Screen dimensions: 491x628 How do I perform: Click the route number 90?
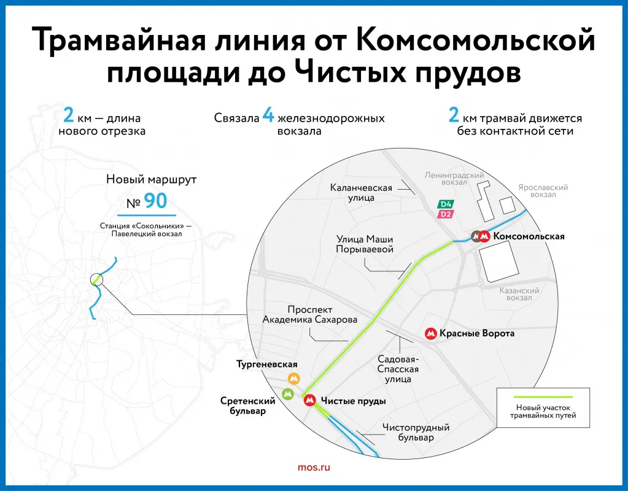(155, 201)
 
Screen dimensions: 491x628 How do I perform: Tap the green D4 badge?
(445, 204)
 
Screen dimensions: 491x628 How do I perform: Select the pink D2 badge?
(445, 214)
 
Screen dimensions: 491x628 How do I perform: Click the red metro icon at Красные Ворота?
(431, 334)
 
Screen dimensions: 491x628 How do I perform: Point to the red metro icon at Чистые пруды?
(311, 401)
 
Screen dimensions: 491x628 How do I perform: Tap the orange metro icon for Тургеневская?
(294, 379)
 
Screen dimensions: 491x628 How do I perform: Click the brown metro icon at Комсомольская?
(476, 236)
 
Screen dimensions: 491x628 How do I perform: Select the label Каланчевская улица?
(361, 193)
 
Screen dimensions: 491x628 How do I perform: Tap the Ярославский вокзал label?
(543, 191)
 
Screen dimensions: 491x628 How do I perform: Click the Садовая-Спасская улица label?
(398, 369)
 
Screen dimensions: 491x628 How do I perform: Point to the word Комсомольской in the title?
(475, 41)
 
